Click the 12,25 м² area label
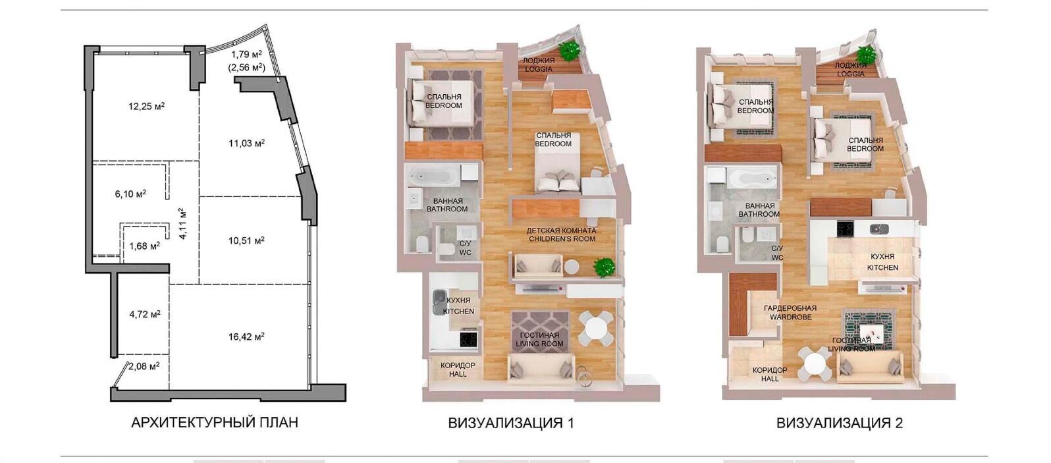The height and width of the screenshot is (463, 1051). pos(146,107)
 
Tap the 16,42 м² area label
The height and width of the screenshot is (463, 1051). pos(246,337)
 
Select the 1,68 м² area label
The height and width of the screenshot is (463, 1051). pos(144,246)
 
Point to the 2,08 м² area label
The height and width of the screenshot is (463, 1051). pos(144,366)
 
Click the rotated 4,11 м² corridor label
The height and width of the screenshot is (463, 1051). pos(183,224)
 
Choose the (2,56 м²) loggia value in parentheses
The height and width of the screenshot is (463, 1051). pos(246,67)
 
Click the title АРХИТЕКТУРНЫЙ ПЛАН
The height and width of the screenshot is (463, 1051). pos(215,423)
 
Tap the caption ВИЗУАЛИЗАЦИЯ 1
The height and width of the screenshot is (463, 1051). pos(511,423)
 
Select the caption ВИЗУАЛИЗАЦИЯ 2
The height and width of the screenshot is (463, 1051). pos(840,423)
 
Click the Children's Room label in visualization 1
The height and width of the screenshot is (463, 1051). pos(562,234)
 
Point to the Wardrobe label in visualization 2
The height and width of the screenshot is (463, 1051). pos(790,312)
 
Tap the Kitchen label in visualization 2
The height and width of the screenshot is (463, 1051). pos(882,262)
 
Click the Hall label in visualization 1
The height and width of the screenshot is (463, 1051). pos(458,369)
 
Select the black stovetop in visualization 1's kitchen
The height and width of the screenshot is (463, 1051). pos(468,339)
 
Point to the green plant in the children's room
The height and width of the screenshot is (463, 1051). pos(604,267)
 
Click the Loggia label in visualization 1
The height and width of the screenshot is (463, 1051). pos(539,65)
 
